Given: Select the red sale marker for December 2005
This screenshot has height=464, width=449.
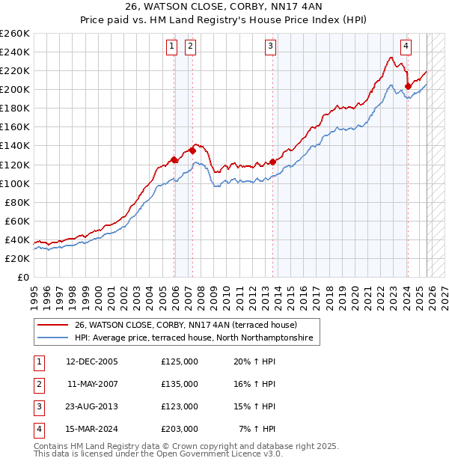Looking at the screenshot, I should click(174, 159).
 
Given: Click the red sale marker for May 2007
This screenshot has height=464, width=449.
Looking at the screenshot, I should click(192, 150).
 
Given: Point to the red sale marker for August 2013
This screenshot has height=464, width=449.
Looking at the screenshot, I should click(272, 162).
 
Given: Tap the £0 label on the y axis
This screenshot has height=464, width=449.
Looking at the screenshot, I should click(22, 277).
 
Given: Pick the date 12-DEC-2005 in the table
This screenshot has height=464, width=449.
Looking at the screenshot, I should click(92, 361).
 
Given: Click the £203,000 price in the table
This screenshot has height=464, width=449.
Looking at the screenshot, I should click(179, 429).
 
